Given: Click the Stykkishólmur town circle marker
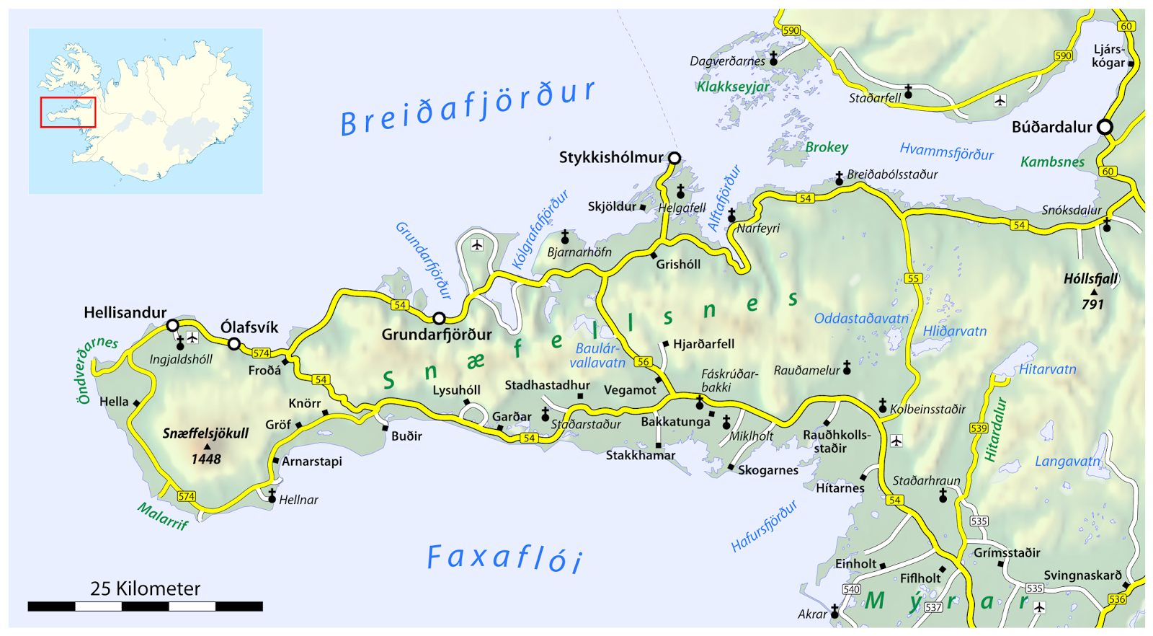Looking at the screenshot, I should [675, 158].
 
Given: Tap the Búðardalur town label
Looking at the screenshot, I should [1051, 128].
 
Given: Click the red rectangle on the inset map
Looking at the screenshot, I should [68, 112].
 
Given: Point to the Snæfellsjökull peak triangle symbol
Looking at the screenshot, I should [208, 446].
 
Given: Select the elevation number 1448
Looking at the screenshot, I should [205, 459].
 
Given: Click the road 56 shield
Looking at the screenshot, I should [643, 362].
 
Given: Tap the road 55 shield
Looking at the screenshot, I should [913, 278].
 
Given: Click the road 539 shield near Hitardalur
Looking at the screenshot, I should [978, 428].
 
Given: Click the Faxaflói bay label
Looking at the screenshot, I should [504, 558].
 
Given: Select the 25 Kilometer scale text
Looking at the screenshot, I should [145, 588].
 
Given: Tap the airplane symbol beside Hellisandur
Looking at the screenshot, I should [192, 337].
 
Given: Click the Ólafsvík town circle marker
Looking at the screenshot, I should [234, 344].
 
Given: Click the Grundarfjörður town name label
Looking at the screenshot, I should [437, 335].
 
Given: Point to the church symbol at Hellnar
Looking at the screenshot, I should [272, 496].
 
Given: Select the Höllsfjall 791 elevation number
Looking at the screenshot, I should [1092, 305].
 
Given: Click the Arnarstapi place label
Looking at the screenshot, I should [311, 461].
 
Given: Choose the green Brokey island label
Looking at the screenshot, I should [827, 147].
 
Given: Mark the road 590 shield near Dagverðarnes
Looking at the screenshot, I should [791, 30].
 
